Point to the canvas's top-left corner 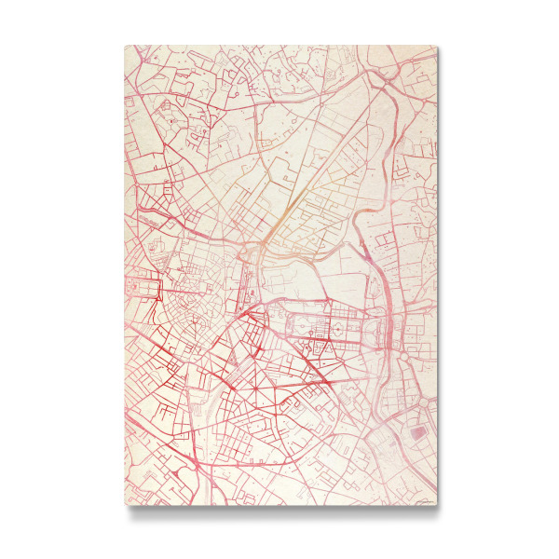[125, 46]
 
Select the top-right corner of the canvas [436, 46]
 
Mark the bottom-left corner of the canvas [125, 505]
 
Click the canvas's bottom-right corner [436, 505]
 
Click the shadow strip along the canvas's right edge [441, 279]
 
